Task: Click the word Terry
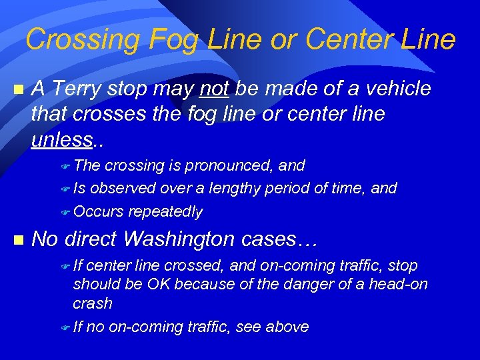(80, 89)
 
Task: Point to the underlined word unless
(62, 139)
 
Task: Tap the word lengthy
(235, 189)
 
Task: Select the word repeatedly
(165, 212)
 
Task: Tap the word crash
(92, 303)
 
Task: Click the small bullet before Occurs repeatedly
(65, 213)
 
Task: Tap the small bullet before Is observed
(65, 189)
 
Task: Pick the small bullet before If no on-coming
(65, 327)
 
